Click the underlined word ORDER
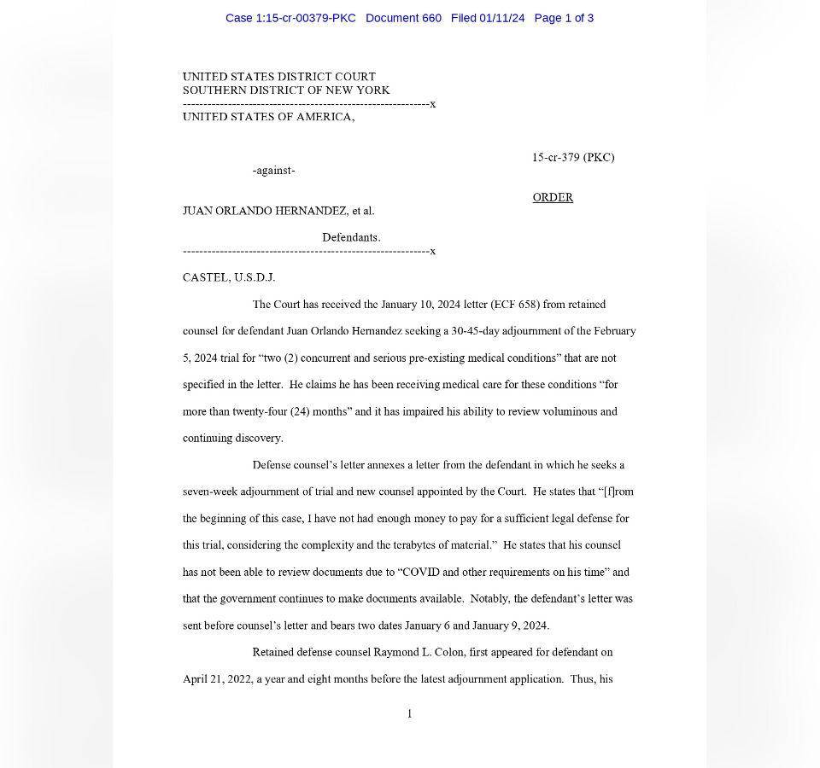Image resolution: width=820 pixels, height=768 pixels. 553,197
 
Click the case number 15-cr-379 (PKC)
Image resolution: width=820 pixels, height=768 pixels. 572,157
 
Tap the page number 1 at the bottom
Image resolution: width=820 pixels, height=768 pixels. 410,713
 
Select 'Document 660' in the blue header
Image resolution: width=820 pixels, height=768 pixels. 403,18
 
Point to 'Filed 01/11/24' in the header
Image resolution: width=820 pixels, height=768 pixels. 488,18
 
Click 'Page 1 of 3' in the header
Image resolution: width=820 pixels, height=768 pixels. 564,18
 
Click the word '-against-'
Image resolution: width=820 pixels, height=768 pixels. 273,171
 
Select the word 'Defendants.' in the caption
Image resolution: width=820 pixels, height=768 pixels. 351,237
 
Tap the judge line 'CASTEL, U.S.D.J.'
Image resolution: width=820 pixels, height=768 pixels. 229,277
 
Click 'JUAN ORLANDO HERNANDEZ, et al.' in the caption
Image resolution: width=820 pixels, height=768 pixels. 278,211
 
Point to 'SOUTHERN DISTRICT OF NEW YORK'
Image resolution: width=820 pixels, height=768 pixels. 286,90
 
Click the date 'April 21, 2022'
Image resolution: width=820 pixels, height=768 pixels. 217,679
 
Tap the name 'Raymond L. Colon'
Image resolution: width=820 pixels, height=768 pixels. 419,652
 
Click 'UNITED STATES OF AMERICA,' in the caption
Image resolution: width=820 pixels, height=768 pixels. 268,117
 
